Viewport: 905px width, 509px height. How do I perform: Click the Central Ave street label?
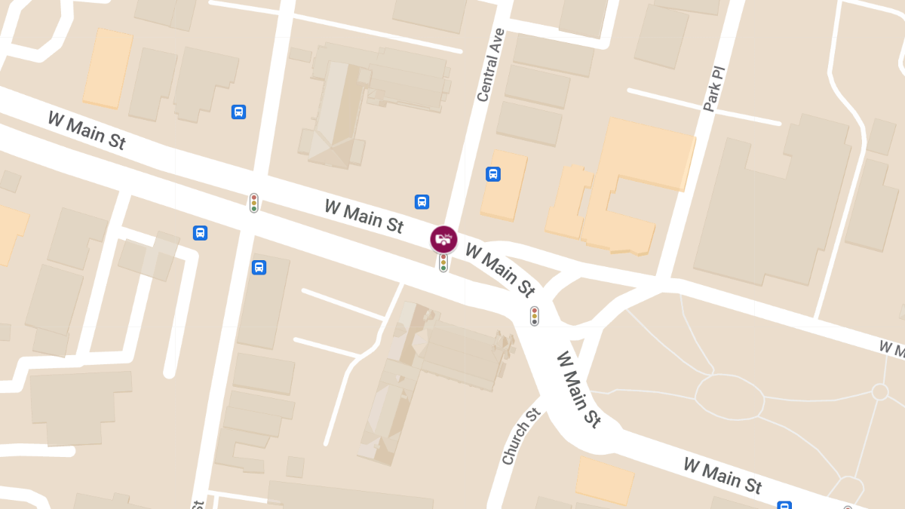[489, 66]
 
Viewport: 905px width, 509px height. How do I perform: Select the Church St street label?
[521, 437]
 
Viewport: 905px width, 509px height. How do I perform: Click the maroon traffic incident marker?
[443, 239]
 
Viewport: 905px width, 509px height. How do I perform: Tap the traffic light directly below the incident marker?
[443, 262]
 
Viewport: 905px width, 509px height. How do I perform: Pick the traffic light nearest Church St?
[534, 316]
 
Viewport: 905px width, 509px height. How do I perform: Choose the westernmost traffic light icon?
[254, 203]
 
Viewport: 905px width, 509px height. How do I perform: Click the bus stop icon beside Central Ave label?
[493, 174]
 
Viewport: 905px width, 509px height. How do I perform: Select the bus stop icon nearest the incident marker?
[422, 201]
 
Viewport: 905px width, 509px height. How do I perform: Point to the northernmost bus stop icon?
[238, 112]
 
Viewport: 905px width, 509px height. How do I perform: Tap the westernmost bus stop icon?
[200, 233]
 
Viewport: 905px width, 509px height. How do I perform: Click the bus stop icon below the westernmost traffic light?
[259, 267]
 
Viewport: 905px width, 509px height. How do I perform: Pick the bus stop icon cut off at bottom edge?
[784, 505]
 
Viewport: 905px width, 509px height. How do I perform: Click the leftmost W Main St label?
[86, 130]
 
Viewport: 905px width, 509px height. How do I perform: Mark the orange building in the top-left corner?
[108, 68]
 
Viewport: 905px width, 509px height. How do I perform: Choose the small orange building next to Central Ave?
[503, 186]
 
